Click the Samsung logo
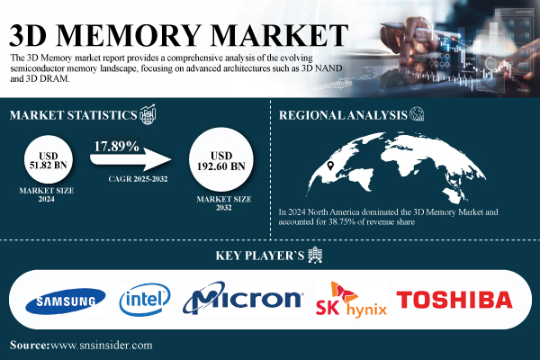tap(66, 301)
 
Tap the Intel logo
tap(145, 300)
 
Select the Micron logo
tap(243, 298)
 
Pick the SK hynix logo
tap(351, 300)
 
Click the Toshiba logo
tap(454, 300)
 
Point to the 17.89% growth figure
tap(116, 147)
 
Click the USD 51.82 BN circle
tap(49, 159)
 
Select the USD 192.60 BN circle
tap(221, 159)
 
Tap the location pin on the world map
tap(330, 166)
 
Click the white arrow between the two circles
tap(130, 159)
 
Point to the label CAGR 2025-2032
tap(138, 179)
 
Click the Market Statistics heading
tap(74, 115)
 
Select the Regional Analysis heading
tap(343, 115)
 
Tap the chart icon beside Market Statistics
tap(148, 114)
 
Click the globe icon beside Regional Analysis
tap(417, 113)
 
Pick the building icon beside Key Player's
tap(315, 255)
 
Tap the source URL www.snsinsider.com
tap(101, 346)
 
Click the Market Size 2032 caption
tap(224, 203)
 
